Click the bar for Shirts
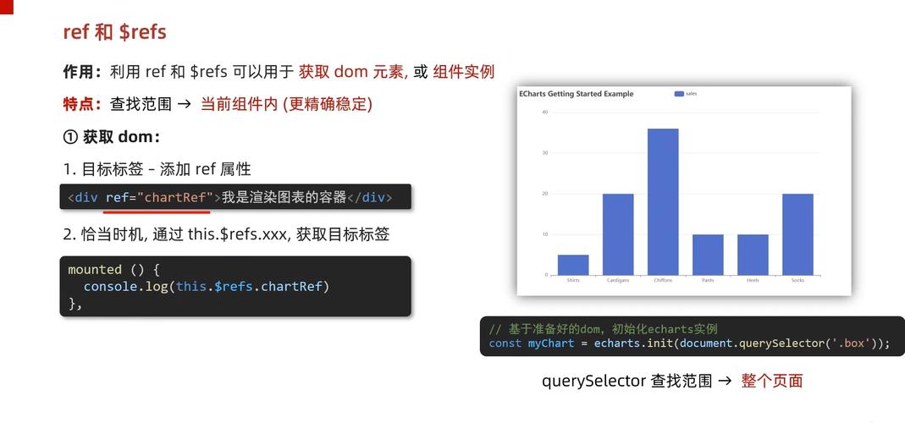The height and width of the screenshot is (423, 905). coord(573,265)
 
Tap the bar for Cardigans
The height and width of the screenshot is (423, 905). coord(618,234)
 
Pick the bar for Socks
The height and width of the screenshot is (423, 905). coord(797,234)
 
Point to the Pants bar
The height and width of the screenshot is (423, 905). coord(708,255)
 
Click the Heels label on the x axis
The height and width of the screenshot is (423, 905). coord(753,280)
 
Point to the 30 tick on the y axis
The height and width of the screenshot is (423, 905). coord(544,153)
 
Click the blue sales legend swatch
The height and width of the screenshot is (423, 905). coord(679,94)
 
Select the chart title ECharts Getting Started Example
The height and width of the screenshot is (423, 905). coord(576,94)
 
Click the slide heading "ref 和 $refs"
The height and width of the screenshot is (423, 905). coord(114,32)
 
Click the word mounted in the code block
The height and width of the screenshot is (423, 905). coord(95,269)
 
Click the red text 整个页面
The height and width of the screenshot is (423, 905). coord(771,381)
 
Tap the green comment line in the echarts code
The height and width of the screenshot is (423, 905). coord(603,328)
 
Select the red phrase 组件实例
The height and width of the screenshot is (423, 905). coord(463,72)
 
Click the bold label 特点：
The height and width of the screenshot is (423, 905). coord(84,104)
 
